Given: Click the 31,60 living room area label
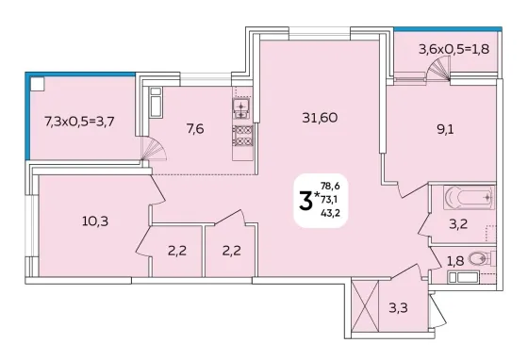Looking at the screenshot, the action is pyautogui.click(x=320, y=118).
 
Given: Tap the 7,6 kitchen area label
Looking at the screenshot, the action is pyautogui.click(x=195, y=128).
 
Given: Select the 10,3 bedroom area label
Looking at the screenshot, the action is pyautogui.click(x=95, y=221).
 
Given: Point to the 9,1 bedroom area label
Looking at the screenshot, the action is pyautogui.click(x=445, y=129).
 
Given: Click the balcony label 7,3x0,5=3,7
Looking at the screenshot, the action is pyautogui.click(x=79, y=122).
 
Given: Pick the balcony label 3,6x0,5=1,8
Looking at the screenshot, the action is pyautogui.click(x=454, y=49).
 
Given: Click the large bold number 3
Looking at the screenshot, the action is pyautogui.click(x=305, y=200).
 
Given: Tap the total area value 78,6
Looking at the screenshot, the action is pyautogui.click(x=330, y=186).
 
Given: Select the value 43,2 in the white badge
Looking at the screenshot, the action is pyautogui.click(x=330, y=213).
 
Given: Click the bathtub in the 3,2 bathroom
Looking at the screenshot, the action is pyautogui.click(x=470, y=198).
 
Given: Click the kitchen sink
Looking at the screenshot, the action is pyautogui.click(x=241, y=109).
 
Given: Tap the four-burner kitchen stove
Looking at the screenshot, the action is pyautogui.click(x=242, y=136).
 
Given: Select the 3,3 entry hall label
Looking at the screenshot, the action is pyautogui.click(x=398, y=307).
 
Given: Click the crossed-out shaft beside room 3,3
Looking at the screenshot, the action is pyautogui.click(x=365, y=306).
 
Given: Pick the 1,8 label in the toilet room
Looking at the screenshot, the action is pyautogui.click(x=455, y=261).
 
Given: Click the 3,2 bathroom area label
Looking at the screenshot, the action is pyautogui.click(x=458, y=224).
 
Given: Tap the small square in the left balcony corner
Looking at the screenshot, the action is pyautogui.click(x=37, y=84).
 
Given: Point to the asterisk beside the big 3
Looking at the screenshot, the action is pyautogui.click(x=317, y=194).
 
